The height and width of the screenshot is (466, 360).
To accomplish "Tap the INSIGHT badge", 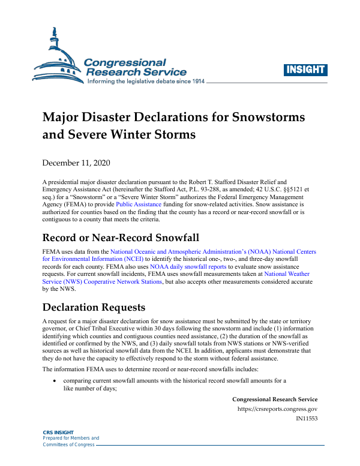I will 305,69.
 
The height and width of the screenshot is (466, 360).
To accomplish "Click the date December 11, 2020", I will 76,163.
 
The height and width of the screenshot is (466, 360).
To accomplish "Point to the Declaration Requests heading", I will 94,308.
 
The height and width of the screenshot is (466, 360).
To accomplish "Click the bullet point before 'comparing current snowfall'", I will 55,381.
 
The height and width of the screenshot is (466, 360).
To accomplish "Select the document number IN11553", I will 307,419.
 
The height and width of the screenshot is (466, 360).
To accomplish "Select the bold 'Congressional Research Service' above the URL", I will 275,399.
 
